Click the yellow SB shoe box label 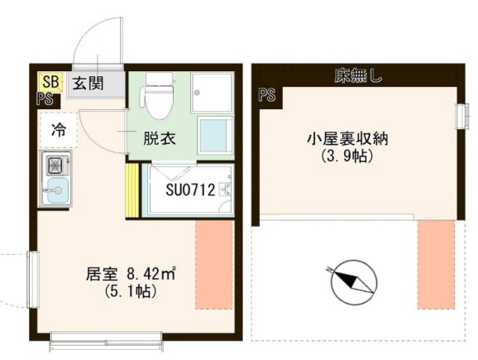click(50, 82)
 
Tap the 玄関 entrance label click(88, 84)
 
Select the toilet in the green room click(158, 95)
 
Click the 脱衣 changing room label click(160, 139)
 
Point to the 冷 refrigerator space click(58, 130)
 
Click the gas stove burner click(56, 165)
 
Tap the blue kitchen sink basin click(58, 190)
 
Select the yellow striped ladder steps click(132, 190)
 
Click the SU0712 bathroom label click(190, 190)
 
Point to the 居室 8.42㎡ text click(131, 274)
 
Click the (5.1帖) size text click(131, 291)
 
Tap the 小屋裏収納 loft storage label click(347, 139)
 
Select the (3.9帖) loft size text click(347, 156)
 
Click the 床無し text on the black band click(358, 75)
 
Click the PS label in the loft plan click(267, 94)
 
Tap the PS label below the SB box click(45, 98)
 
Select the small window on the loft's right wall click(461, 116)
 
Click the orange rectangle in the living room click(214, 264)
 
